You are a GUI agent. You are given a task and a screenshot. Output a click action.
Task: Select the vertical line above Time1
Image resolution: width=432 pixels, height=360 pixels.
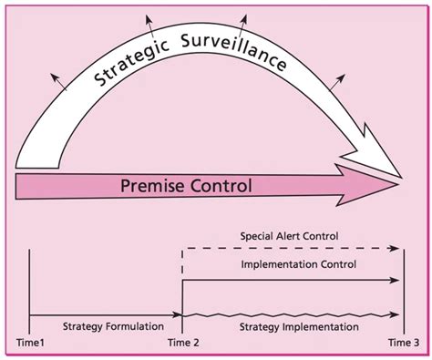point(30,292)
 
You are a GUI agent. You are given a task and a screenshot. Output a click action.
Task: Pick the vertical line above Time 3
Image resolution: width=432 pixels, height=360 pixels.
point(403,292)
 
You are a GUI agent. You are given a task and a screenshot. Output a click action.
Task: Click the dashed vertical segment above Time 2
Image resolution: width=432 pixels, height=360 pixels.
point(184,263)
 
